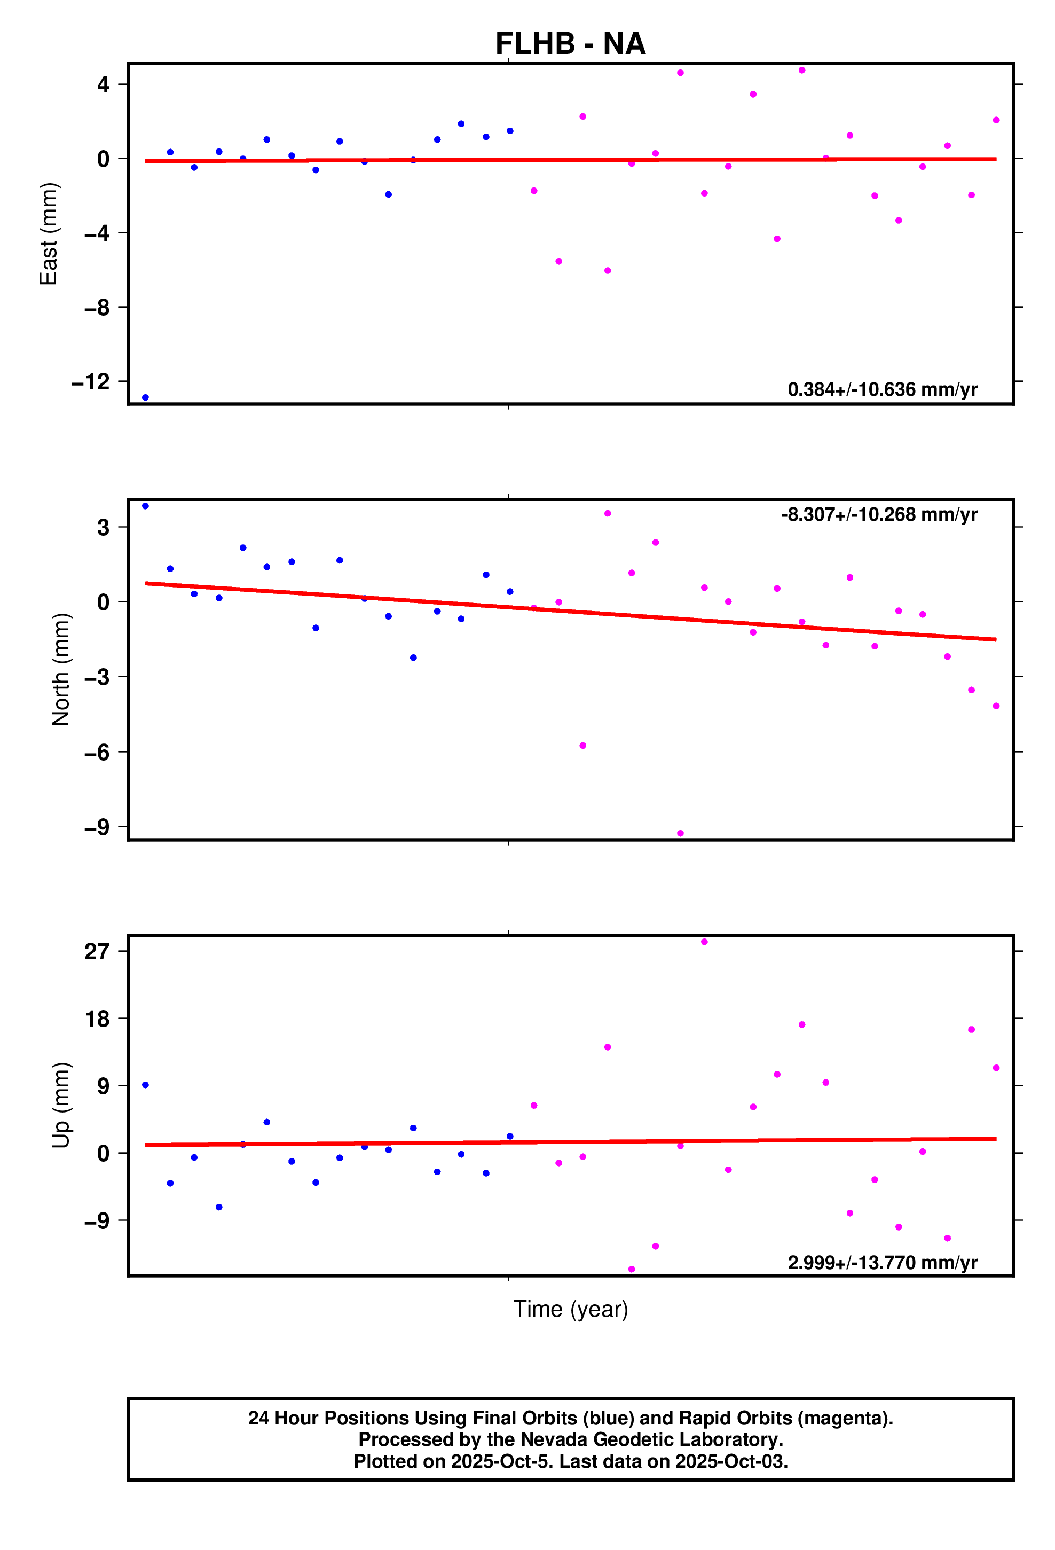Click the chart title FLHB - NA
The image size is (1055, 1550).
[570, 44]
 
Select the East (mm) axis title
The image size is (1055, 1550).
[49, 233]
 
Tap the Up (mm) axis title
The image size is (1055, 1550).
[61, 1105]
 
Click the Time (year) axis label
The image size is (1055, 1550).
[570, 1309]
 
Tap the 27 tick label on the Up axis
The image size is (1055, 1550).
[97, 951]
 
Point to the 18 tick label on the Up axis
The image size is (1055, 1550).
[97, 1019]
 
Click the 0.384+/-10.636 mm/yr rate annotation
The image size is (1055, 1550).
[881, 389]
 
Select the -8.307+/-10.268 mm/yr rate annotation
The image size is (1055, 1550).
[879, 514]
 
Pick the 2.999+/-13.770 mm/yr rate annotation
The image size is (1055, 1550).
[881, 1263]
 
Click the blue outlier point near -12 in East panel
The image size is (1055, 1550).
[145, 397]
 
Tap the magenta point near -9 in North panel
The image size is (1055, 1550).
[680, 834]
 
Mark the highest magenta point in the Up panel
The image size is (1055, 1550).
[704, 942]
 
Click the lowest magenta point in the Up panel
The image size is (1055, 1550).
[632, 1269]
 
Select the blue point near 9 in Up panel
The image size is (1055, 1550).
[145, 1085]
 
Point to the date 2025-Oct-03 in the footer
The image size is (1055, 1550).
[731, 1461]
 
